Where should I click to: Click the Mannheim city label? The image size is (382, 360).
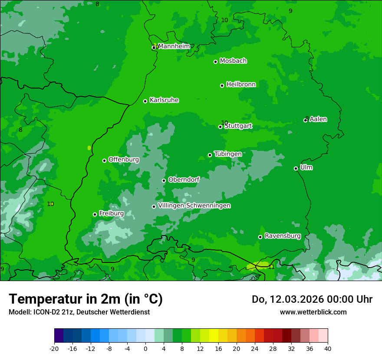(x=174, y=46)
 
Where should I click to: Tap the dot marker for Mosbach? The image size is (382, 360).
(x=215, y=62)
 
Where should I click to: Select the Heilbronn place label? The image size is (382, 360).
(x=241, y=85)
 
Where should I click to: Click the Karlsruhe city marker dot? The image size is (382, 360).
(x=145, y=101)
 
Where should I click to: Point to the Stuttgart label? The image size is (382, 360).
(x=238, y=126)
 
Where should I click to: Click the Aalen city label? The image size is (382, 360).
(x=318, y=119)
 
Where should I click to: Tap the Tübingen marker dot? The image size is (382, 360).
(x=210, y=155)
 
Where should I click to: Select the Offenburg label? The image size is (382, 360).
(x=124, y=160)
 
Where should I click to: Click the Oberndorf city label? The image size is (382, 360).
(x=184, y=180)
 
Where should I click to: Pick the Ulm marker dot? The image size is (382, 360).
(x=296, y=168)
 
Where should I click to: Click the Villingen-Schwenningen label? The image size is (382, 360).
(x=194, y=206)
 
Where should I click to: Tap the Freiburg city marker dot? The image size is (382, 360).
(x=95, y=214)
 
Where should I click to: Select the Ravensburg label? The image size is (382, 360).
(x=283, y=236)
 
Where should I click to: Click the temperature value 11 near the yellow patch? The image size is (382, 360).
(x=271, y=267)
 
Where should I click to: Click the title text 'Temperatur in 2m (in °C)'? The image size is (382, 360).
(x=86, y=299)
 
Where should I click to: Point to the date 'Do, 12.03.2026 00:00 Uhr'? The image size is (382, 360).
(x=312, y=299)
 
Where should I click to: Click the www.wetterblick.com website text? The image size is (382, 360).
(x=313, y=312)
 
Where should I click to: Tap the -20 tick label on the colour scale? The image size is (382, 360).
(x=54, y=348)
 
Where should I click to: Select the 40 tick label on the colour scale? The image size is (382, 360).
(x=328, y=348)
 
